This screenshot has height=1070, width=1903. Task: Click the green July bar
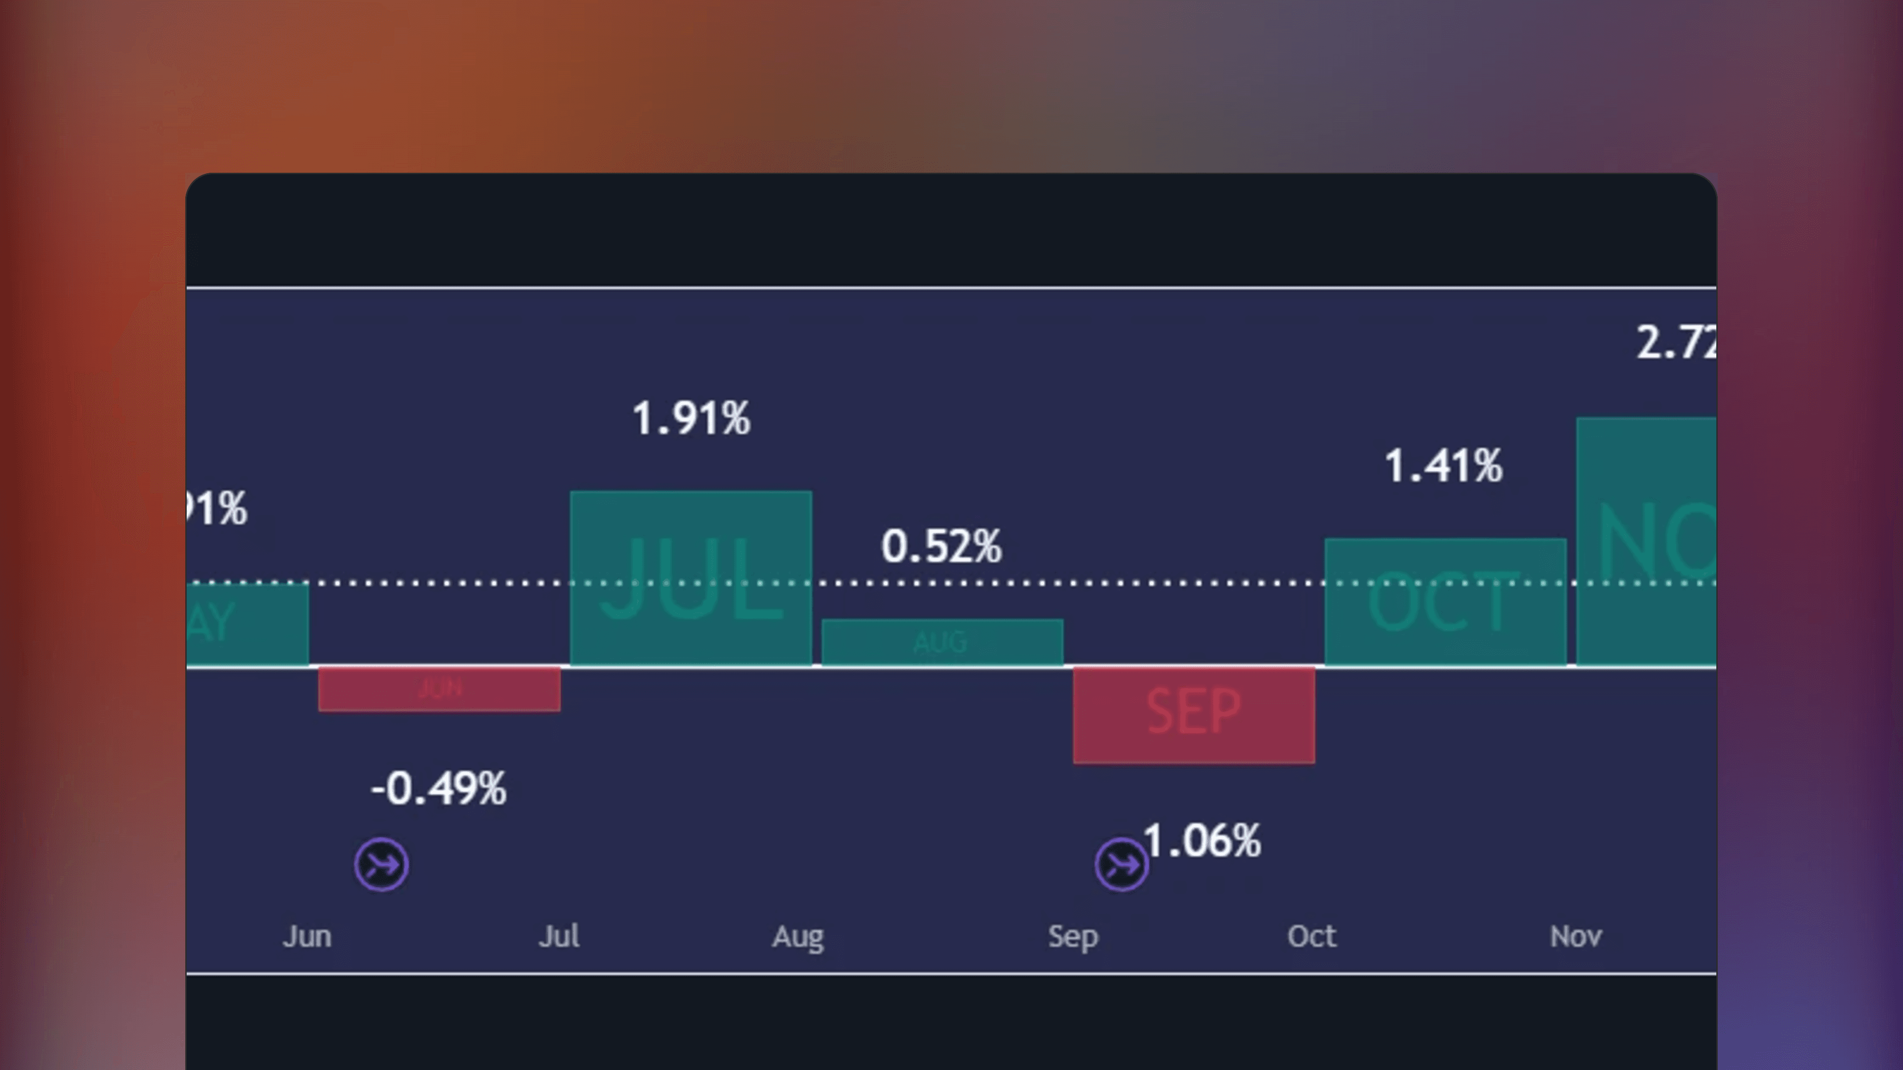point(691,578)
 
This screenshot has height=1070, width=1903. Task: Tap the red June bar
point(439,689)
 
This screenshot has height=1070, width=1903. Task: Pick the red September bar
point(1193,714)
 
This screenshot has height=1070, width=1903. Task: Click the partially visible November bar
point(1646,541)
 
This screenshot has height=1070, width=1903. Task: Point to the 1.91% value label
point(691,418)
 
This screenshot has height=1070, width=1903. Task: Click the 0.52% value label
point(941,547)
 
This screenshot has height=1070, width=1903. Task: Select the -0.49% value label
point(439,789)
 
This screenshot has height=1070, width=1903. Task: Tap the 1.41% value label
point(1443,466)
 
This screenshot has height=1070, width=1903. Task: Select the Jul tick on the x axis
point(559,936)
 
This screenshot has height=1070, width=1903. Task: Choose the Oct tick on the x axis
point(1311,936)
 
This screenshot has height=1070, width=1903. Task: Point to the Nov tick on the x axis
point(1575,936)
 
